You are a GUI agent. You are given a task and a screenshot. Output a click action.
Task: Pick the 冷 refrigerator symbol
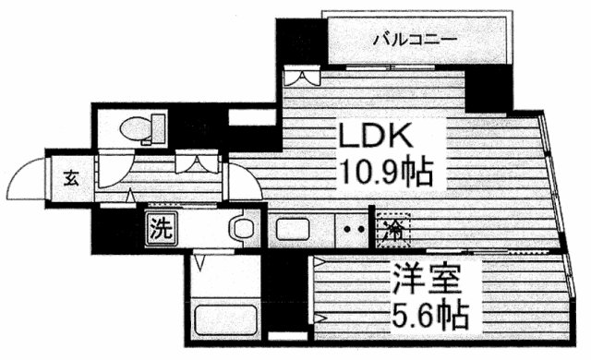point(393,227)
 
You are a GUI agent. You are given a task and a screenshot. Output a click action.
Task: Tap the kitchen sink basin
point(295,227)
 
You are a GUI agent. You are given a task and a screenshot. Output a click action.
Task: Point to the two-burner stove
point(352,226)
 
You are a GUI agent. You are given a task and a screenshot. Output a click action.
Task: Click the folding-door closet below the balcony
point(302,78)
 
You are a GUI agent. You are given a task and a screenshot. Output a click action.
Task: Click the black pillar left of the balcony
point(295,42)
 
